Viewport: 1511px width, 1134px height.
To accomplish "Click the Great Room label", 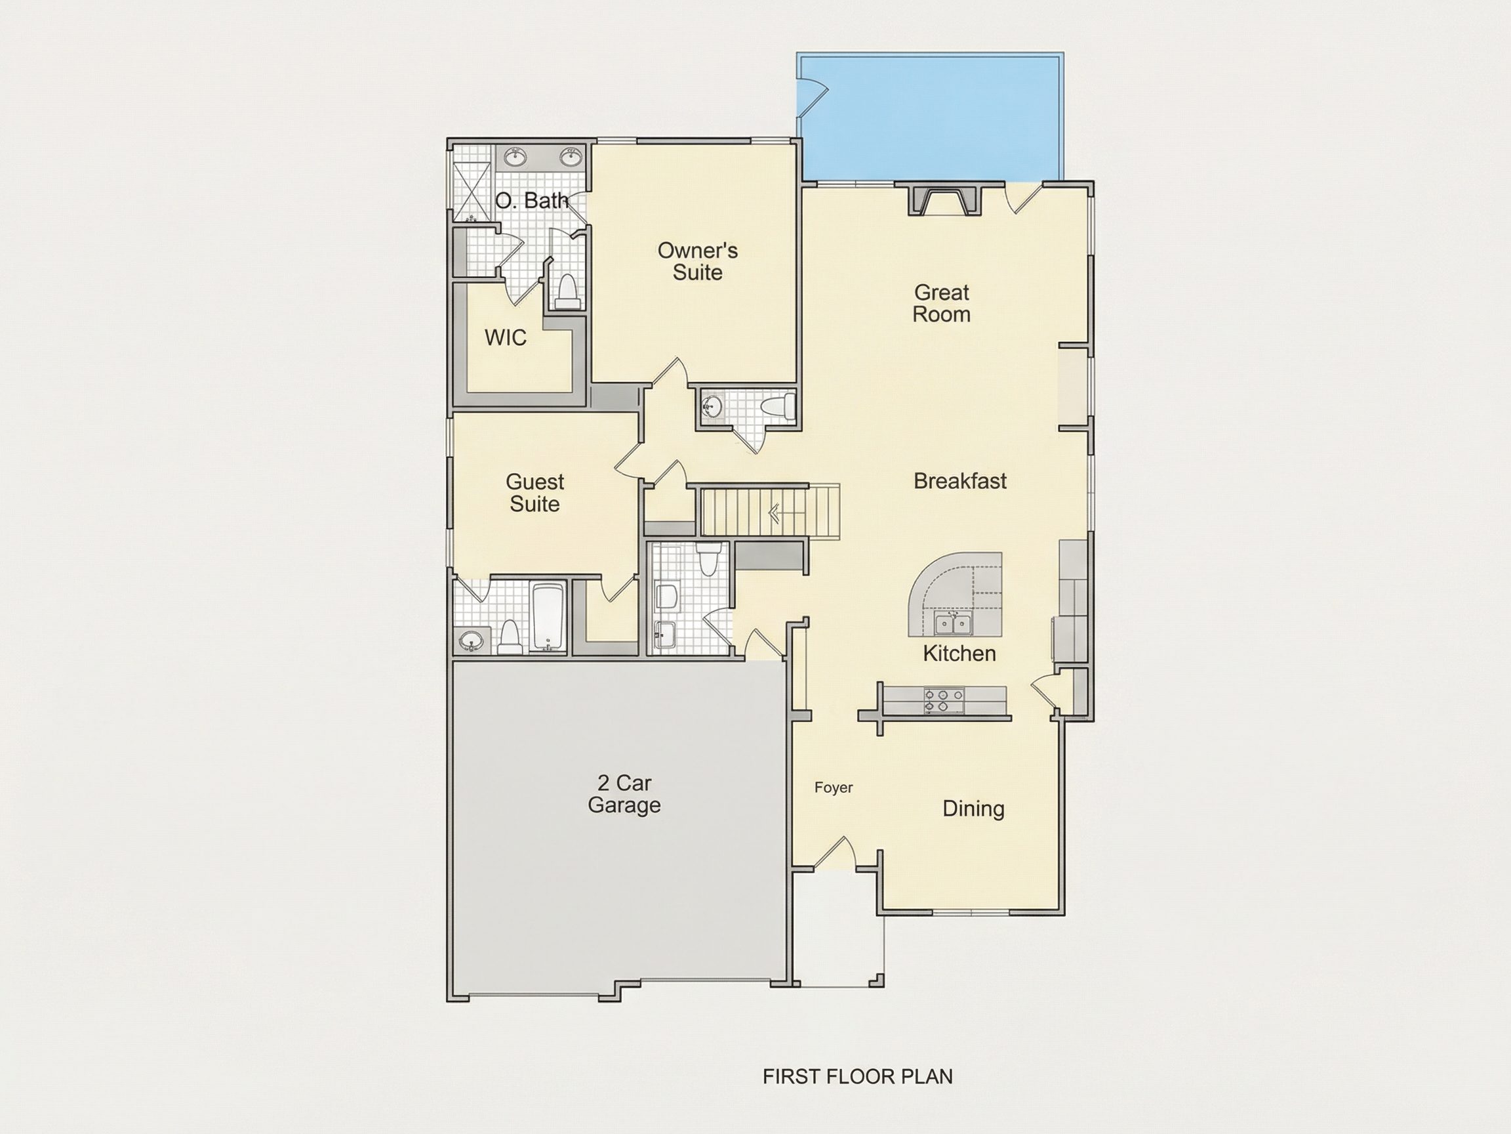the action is click(x=941, y=303).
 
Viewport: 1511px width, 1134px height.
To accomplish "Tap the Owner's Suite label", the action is click(x=697, y=261).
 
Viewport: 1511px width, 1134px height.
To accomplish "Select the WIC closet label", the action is click(x=506, y=337).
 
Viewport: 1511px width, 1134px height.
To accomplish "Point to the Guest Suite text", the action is click(x=535, y=493).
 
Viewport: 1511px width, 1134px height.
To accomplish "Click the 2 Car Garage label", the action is click(x=624, y=793).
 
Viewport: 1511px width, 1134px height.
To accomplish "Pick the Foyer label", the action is click(x=834, y=787).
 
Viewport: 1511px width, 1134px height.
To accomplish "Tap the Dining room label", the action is click(x=973, y=808).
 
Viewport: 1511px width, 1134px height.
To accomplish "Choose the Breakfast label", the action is click(x=959, y=480).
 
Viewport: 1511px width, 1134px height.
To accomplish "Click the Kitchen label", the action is click(x=959, y=654).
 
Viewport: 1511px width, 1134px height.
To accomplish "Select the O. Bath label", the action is click(x=531, y=200).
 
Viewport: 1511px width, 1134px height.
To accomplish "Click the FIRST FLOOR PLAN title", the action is click(x=857, y=1077).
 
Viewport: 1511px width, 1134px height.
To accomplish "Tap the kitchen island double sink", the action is click(x=954, y=623).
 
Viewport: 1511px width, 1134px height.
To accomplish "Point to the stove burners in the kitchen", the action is click(x=943, y=701).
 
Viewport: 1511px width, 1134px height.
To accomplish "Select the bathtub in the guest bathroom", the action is click(x=548, y=618).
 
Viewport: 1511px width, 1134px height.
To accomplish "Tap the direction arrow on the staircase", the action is click(x=775, y=512).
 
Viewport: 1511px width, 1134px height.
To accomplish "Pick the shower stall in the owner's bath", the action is click(x=472, y=191).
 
